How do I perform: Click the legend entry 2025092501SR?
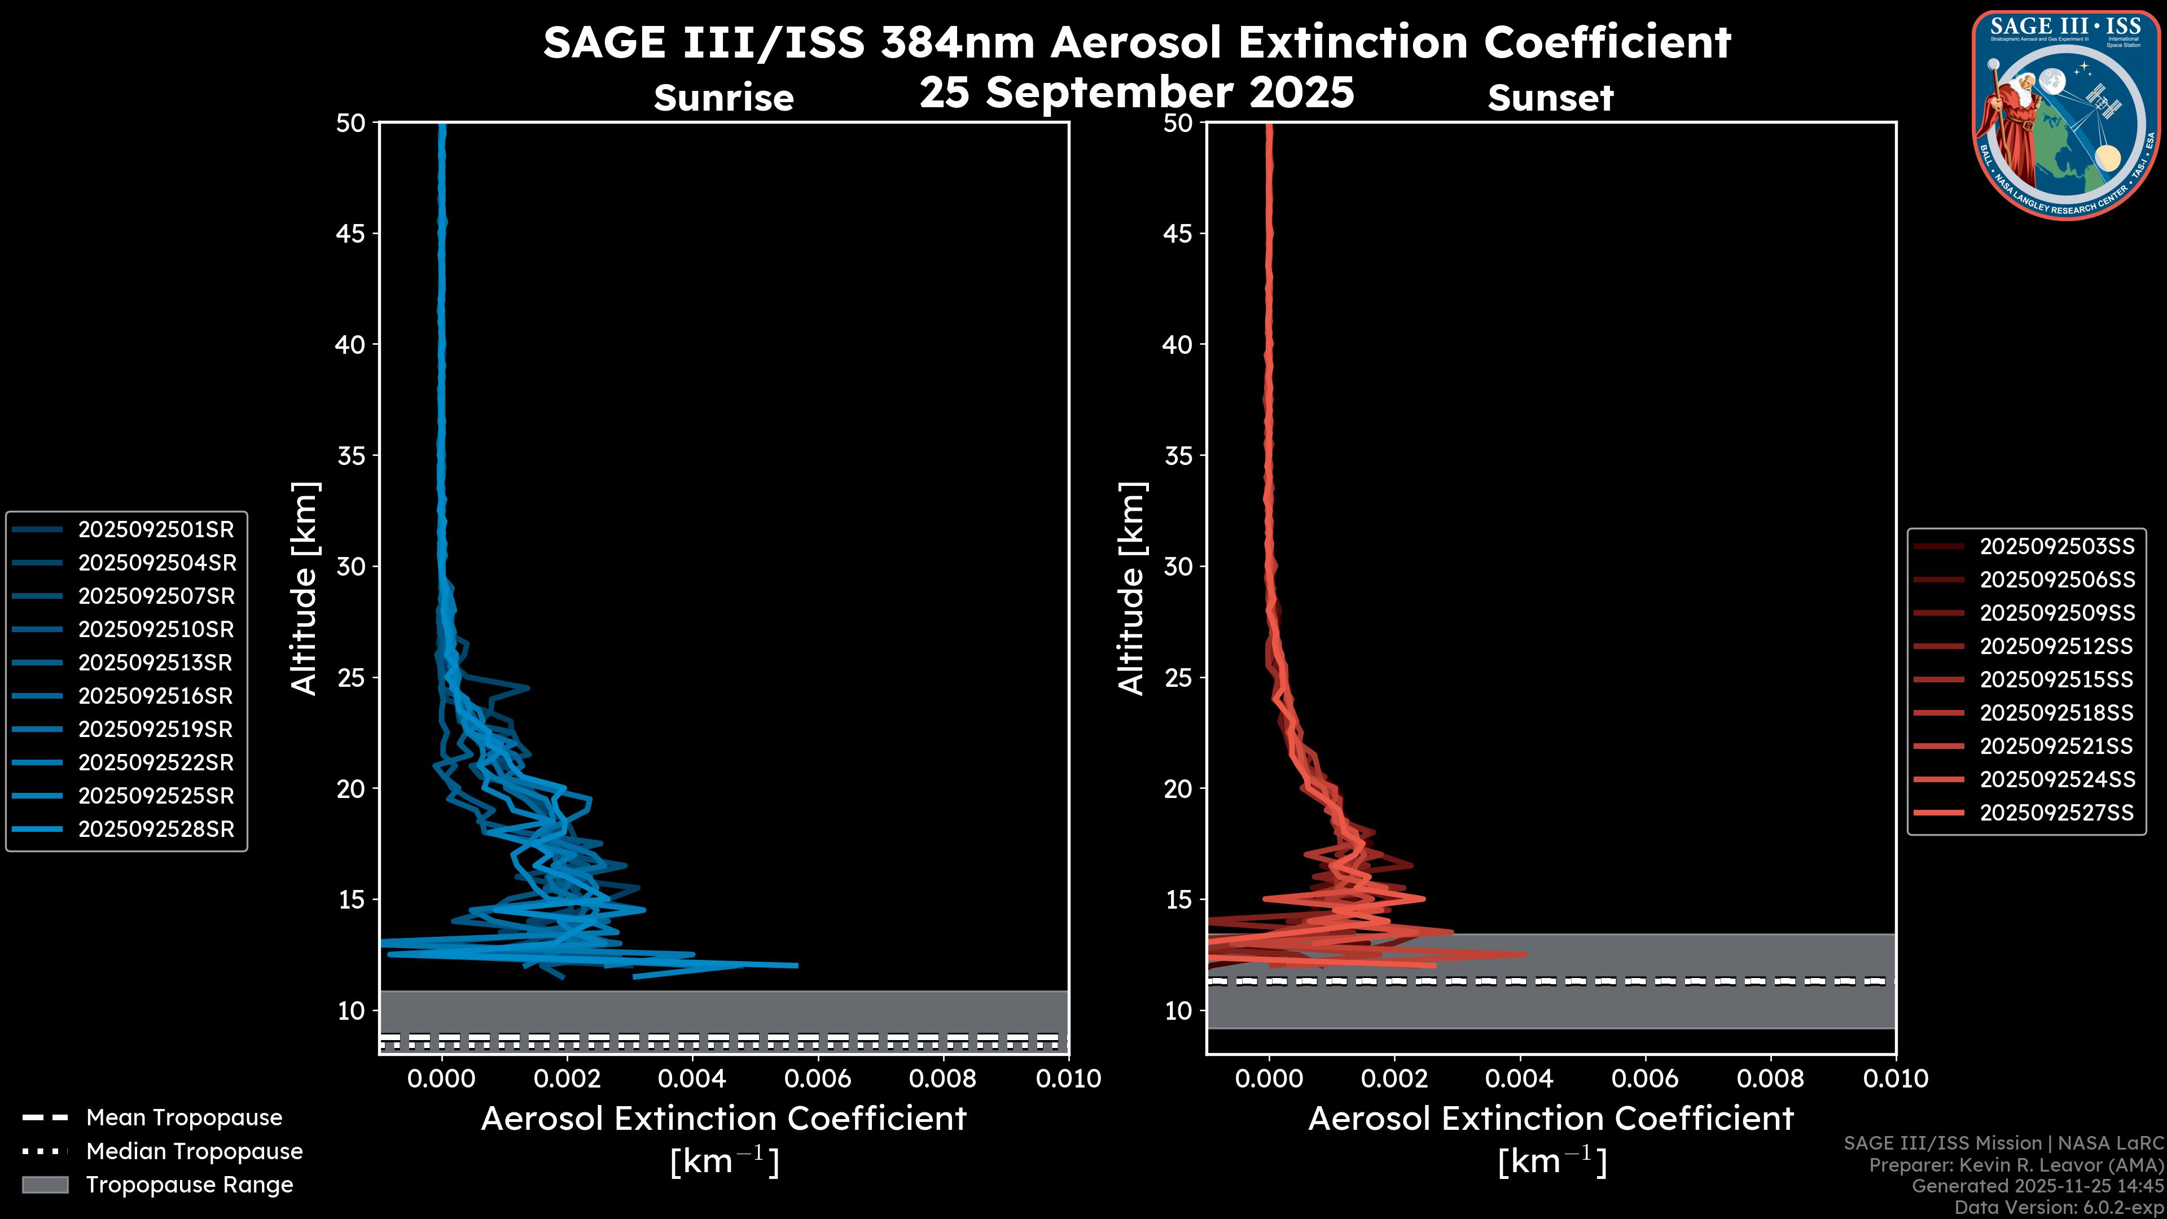[156, 529]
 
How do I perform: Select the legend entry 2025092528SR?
[156, 828]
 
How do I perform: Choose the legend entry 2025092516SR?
[156, 696]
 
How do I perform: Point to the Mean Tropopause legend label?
[184, 1117]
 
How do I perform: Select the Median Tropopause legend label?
[194, 1151]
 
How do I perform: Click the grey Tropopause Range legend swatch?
[45, 1185]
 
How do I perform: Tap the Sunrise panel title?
[723, 98]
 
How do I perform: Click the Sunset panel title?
[1550, 98]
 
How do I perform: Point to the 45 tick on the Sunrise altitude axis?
[350, 233]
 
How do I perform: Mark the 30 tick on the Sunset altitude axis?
[1178, 566]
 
